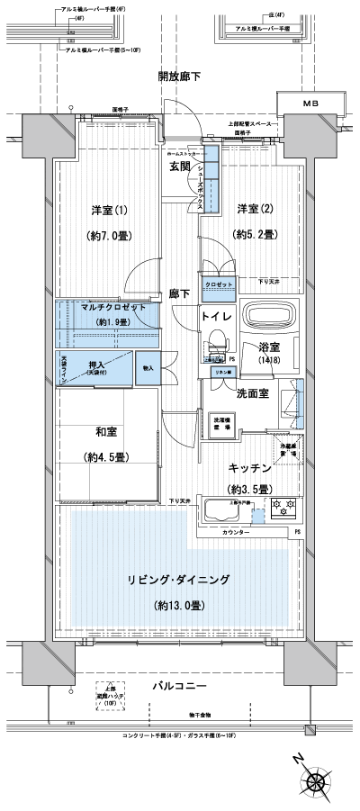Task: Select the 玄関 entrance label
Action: (178, 167)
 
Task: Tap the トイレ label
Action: (217, 317)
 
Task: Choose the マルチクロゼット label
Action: (108, 308)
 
